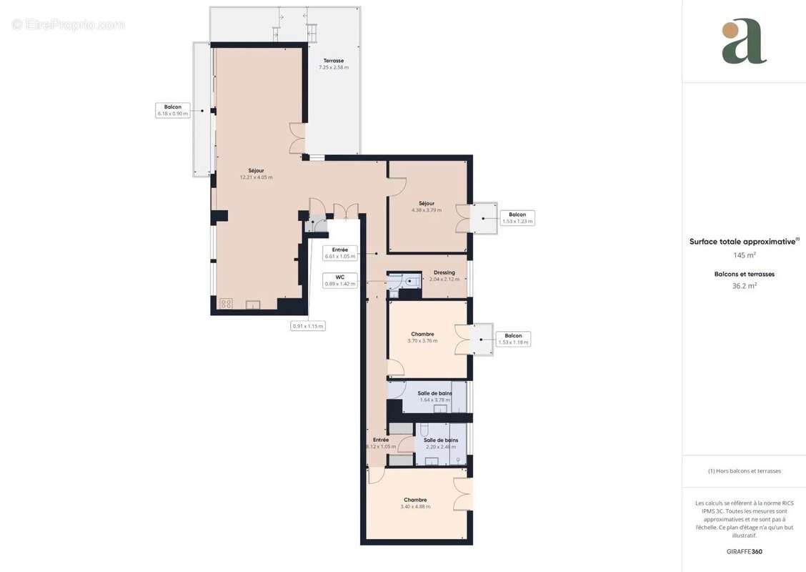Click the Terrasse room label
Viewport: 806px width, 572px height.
[334, 61]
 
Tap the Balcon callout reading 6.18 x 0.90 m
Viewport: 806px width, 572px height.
[172, 110]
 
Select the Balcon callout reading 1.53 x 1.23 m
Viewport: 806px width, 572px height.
[517, 218]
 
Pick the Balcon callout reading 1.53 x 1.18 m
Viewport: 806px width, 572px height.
[513, 339]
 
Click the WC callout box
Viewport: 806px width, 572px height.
[339, 280]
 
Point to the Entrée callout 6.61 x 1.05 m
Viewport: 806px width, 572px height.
[339, 252]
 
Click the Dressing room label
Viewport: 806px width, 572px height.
[444, 273]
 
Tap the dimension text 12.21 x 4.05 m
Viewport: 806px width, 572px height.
[256, 177]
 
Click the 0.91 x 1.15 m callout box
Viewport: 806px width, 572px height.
[308, 326]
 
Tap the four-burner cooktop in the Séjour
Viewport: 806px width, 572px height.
[225, 304]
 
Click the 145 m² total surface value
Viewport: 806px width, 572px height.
[745, 255]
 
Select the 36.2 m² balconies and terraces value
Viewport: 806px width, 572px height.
[745, 285]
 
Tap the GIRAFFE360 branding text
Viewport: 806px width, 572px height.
[745, 551]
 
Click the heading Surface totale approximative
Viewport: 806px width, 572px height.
[742, 242]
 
